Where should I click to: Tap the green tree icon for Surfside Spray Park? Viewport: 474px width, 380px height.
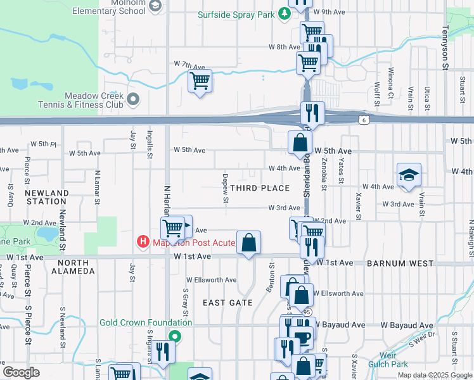point(285,13)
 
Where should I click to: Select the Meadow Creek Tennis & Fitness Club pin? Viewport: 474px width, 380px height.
point(133,99)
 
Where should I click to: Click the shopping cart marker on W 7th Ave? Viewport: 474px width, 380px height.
point(200,81)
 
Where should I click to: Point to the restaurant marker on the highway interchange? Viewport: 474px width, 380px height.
point(312,114)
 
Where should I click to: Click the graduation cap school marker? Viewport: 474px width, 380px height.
point(409,175)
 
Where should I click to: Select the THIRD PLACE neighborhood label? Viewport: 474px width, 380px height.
point(260,188)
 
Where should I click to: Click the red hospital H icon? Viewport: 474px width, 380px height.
point(143,242)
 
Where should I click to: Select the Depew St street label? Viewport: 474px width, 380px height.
point(226,188)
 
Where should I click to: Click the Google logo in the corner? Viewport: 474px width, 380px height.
point(22,372)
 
